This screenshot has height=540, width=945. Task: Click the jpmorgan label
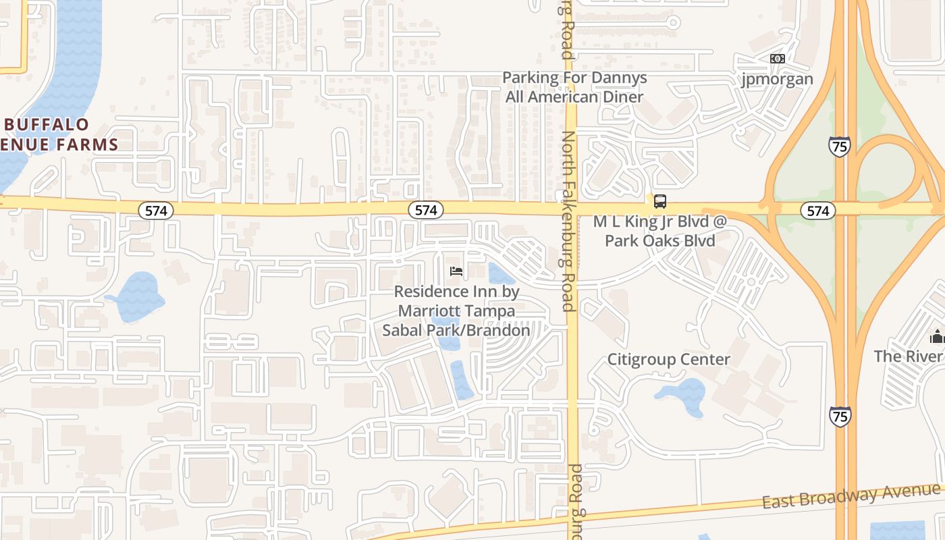pyautogui.click(x=777, y=79)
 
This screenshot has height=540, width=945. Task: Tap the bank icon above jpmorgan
pyautogui.click(x=777, y=59)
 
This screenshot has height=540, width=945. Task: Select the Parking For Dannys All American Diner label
pyautogui.click(x=574, y=87)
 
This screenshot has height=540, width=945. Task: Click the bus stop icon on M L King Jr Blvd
pyautogui.click(x=659, y=201)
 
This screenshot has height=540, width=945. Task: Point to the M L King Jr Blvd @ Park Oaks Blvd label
pyautogui.click(x=659, y=231)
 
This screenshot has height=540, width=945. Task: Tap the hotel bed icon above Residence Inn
pyautogui.click(x=456, y=271)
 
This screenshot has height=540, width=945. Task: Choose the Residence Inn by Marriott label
pyautogui.click(x=456, y=311)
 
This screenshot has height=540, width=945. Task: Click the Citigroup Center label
pyautogui.click(x=668, y=359)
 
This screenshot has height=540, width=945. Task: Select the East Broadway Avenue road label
pyautogui.click(x=851, y=496)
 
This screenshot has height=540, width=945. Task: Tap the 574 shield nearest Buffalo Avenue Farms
pyautogui.click(x=156, y=211)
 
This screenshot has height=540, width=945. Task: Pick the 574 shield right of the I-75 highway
pyautogui.click(x=817, y=211)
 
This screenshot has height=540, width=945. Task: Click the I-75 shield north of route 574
pyautogui.click(x=840, y=146)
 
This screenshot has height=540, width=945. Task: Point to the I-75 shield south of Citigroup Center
pyautogui.click(x=840, y=415)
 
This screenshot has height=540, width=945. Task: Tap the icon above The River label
pyautogui.click(x=937, y=335)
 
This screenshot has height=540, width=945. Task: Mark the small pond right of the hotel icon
pyautogui.click(x=499, y=273)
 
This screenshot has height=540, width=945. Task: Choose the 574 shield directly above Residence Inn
pyautogui.click(x=426, y=211)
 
